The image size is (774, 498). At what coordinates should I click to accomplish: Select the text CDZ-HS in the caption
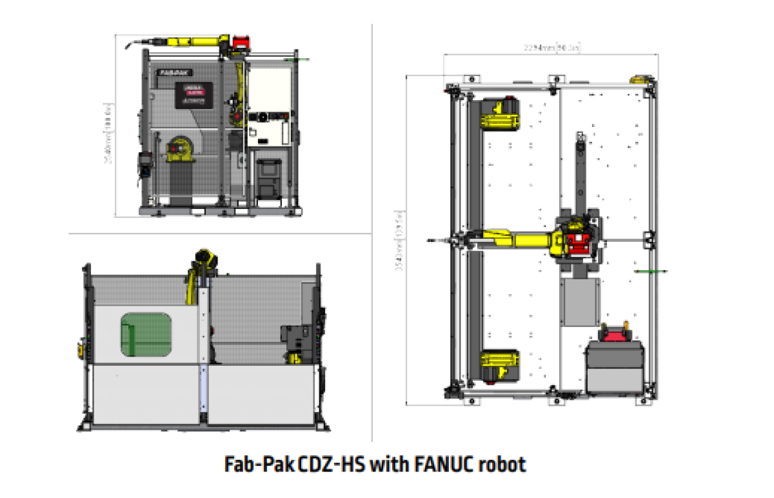pos(330,464)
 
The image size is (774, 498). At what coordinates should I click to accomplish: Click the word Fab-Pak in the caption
pos(261,464)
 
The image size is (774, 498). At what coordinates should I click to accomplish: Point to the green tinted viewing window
pos(146,334)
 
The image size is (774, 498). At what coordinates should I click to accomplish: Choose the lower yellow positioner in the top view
pos(499,366)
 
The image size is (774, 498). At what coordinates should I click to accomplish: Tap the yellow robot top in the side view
pos(205,257)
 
